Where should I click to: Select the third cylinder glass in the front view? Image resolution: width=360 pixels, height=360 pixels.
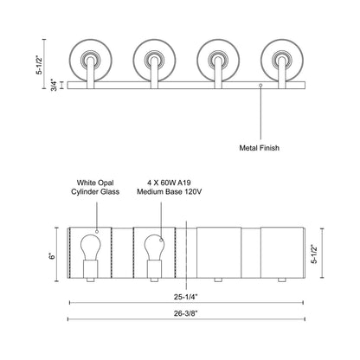219,250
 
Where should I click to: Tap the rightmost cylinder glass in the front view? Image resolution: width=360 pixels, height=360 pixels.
283,250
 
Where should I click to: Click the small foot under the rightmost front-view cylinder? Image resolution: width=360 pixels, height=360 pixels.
283,281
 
